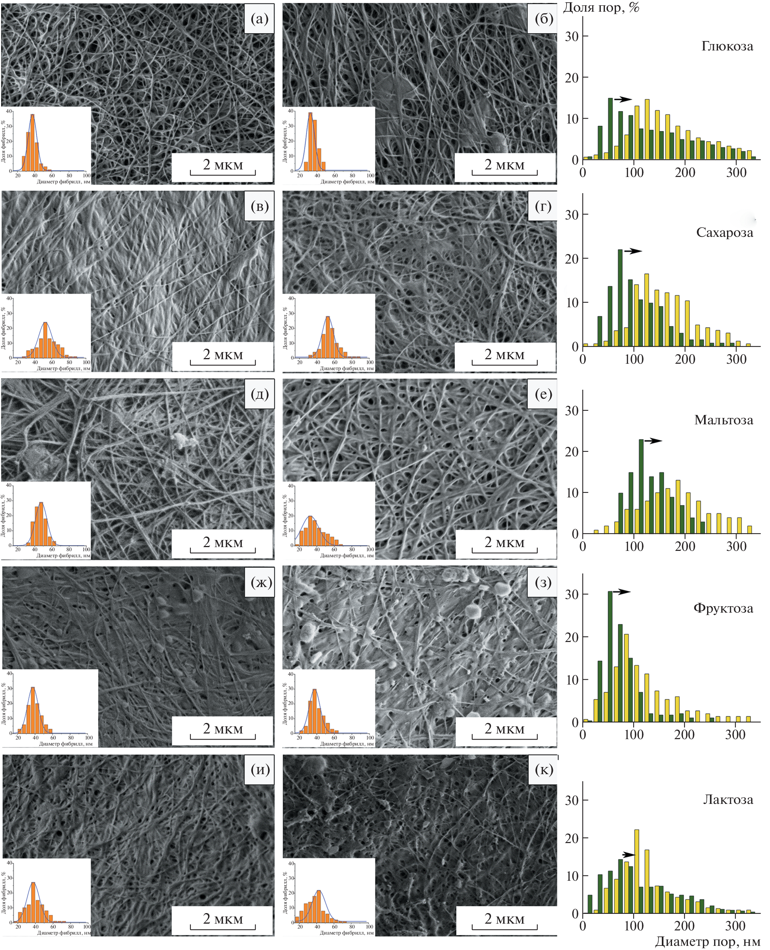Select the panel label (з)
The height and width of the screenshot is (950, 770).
543,582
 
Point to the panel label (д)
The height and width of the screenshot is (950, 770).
259,394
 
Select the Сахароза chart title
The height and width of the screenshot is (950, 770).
724,233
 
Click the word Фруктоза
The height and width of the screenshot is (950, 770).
723,608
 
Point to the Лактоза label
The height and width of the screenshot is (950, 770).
728,799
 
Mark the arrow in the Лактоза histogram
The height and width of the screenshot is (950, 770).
629,855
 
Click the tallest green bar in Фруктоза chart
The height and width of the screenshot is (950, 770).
610,656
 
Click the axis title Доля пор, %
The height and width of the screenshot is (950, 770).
601,8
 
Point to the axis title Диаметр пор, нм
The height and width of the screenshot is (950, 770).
707,941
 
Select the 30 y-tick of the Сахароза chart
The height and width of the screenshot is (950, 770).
571,215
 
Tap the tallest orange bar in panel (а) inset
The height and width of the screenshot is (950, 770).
32,142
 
